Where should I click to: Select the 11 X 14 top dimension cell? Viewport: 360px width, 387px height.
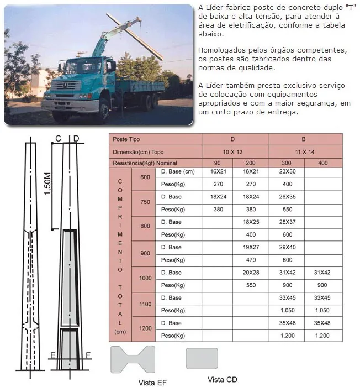coord(304,151)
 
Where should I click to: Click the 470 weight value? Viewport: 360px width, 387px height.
coord(251,260)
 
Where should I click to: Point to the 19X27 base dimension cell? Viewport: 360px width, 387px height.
coord(251,247)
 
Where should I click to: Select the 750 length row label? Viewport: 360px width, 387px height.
coord(145,202)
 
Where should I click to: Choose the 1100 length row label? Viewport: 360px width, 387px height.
coord(145,304)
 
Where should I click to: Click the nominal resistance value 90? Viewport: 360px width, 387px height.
coord(218,163)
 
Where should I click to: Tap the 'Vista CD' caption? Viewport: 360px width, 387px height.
coord(223,379)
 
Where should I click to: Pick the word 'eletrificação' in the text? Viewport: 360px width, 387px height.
coord(245,25)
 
